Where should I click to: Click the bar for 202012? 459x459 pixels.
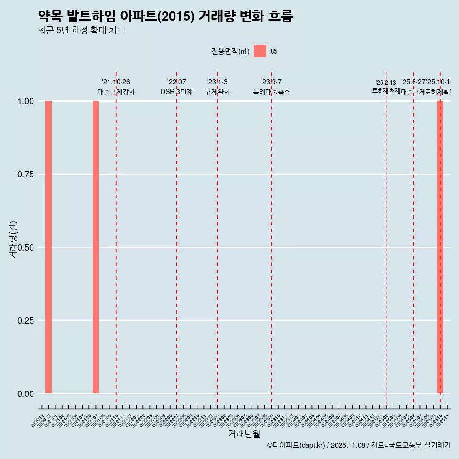(48, 247)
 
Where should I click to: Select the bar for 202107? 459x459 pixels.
(96, 247)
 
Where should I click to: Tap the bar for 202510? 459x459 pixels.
(440, 247)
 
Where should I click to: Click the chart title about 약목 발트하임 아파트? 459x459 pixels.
(165, 16)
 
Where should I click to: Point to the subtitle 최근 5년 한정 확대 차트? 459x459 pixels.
(81, 31)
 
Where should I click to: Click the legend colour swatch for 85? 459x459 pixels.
(260, 51)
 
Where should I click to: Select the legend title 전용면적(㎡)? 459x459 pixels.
(230, 51)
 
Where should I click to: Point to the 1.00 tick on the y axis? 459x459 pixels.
(26, 101)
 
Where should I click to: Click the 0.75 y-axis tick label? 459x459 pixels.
(26, 175)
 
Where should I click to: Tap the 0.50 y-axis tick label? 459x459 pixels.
(26, 248)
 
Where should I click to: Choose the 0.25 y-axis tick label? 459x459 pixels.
(26, 321)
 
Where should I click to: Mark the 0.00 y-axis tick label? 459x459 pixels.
(26, 394)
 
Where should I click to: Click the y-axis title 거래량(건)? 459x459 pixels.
(13, 240)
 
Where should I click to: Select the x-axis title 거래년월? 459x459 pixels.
(244, 434)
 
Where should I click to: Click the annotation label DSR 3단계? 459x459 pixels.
(176, 92)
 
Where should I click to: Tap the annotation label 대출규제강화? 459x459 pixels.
(116, 92)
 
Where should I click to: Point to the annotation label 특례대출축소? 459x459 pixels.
(272, 92)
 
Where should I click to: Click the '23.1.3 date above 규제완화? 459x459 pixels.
(217, 82)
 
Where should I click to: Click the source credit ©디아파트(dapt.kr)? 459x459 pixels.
(296, 446)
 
